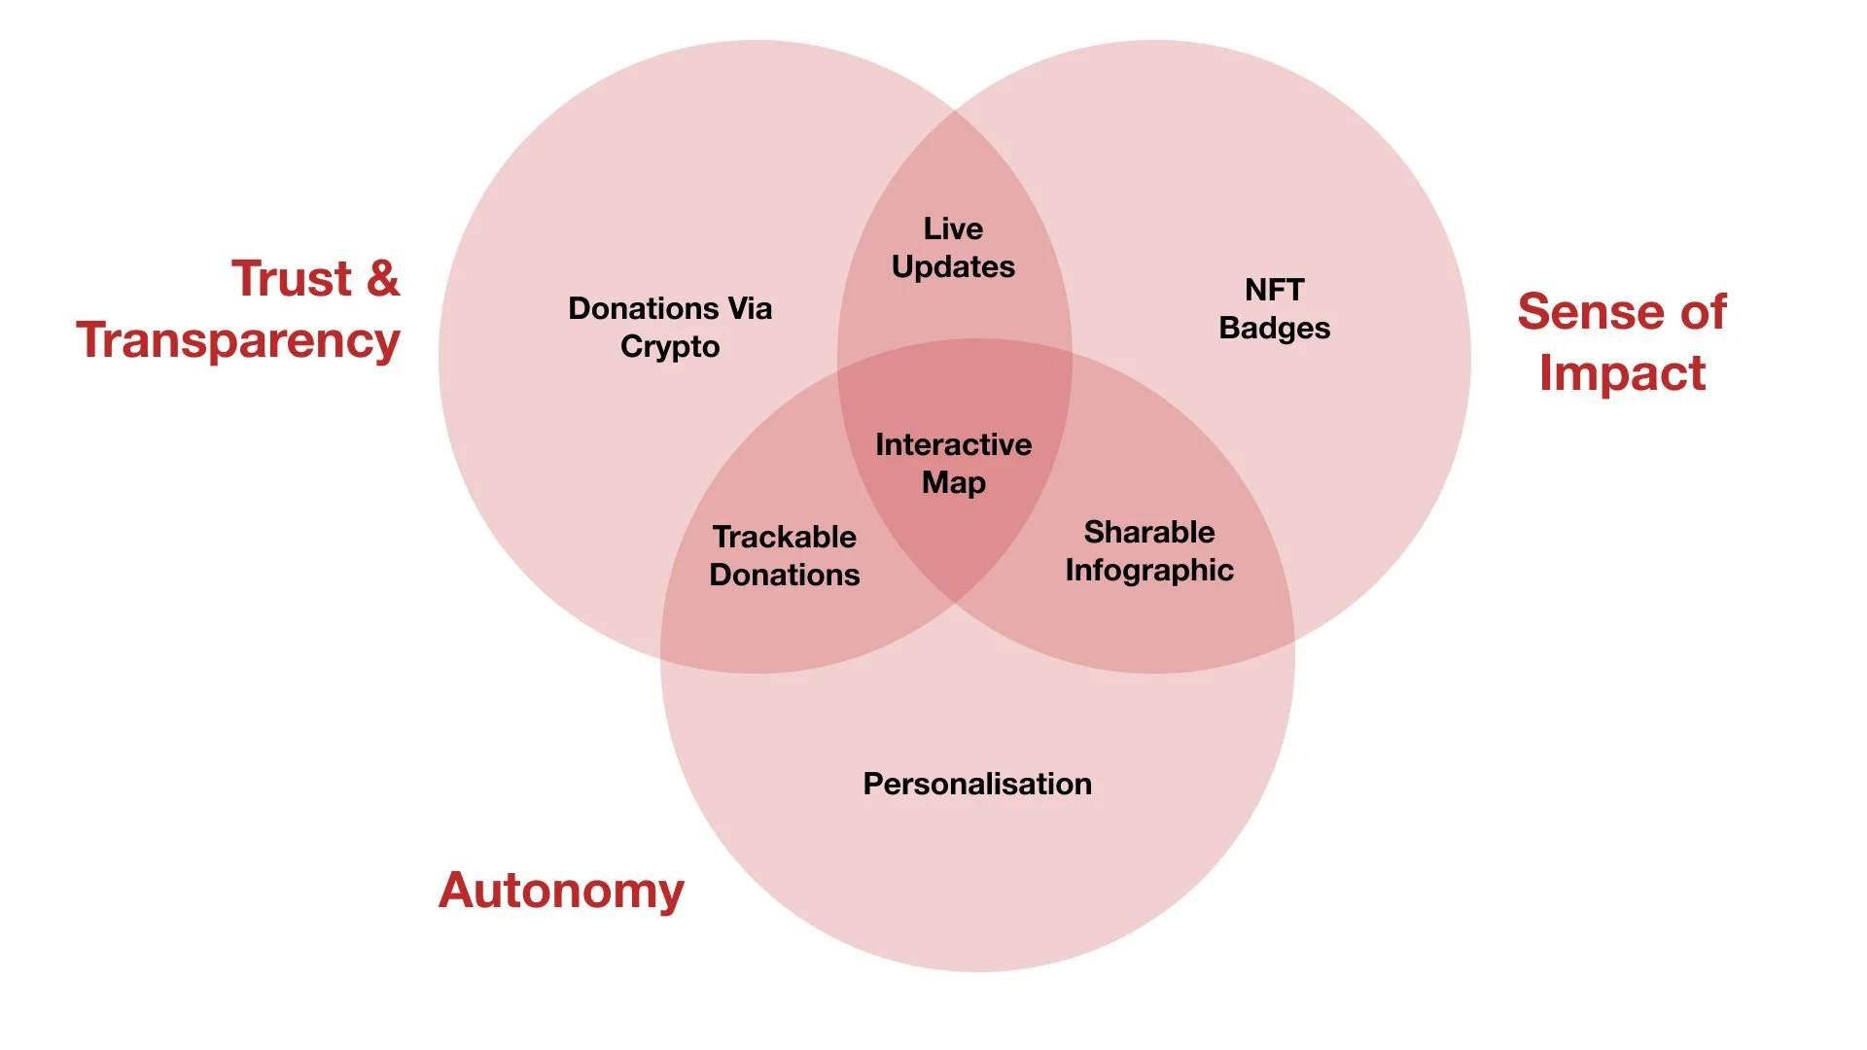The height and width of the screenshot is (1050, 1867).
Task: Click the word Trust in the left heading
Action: [x=291, y=279]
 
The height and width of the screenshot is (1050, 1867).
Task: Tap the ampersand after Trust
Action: [x=383, y=279]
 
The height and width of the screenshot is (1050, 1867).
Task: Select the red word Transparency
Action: [x=238, y=341]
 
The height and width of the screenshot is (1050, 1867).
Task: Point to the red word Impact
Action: [x=1622, y=373]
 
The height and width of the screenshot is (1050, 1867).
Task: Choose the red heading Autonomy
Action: [x=561, y=891]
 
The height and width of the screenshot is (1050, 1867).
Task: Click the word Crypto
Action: [x=670, y=347]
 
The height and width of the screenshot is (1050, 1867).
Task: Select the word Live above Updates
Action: [x=953, y=229]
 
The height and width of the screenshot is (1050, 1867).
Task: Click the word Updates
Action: [x=953, y=267]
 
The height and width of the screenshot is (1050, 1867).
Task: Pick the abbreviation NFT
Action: [x=1274, y=291]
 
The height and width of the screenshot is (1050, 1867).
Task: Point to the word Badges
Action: [x=1274, y=329]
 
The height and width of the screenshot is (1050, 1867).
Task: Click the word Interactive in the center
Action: [x=953, y=445]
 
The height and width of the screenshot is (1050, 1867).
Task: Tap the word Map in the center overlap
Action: [x=953, y=483]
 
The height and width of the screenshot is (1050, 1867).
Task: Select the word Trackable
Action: [x=784, y=538]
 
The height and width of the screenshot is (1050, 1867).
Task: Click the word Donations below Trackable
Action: [x=784, y=576]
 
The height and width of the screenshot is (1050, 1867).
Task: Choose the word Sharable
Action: [x=1149, y=533]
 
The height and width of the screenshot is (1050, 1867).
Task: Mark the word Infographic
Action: [x=1149, y=571]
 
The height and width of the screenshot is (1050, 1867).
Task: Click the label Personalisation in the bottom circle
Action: [x=977, y=785]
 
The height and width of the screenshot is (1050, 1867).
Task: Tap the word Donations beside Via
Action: [x=644, y=309]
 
